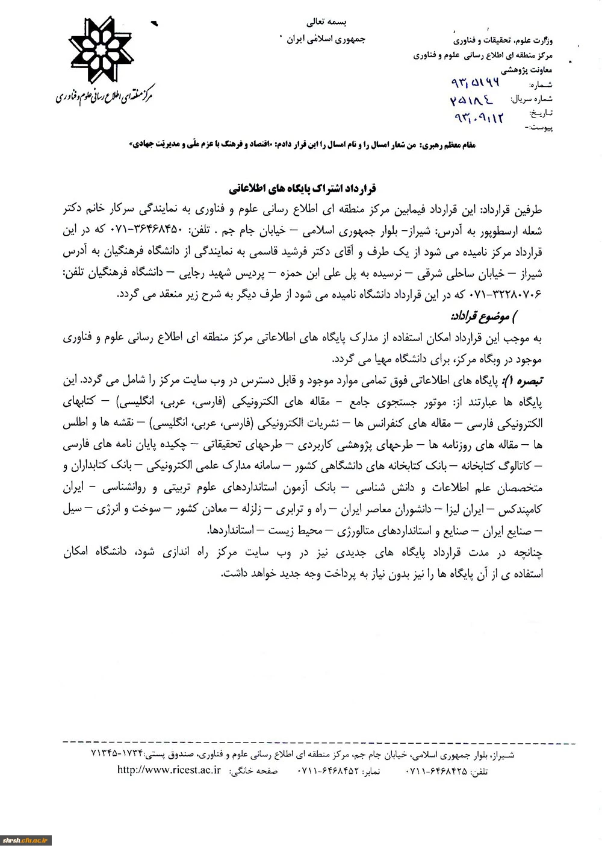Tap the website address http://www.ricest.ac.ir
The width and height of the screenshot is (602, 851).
coord(169,770)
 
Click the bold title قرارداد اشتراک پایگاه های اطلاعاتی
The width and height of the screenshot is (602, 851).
coord(303,189)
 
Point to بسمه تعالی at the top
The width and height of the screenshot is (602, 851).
coord(327,23)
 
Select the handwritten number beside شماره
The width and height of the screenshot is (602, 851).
coord(476,83)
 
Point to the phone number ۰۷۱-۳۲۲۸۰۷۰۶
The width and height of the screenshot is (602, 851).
coord(501,294)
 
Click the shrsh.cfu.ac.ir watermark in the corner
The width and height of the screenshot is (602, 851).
coord(27,840)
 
